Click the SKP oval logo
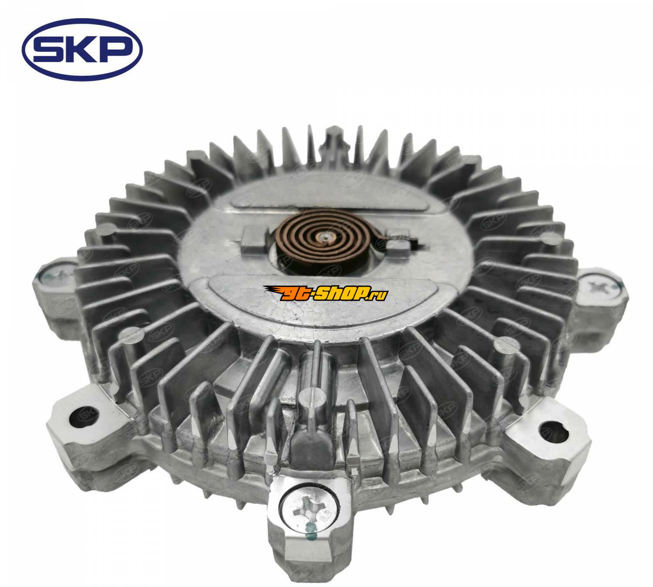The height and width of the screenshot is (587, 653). coord(82,50)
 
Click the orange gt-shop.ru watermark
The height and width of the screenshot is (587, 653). coord(326,293)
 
